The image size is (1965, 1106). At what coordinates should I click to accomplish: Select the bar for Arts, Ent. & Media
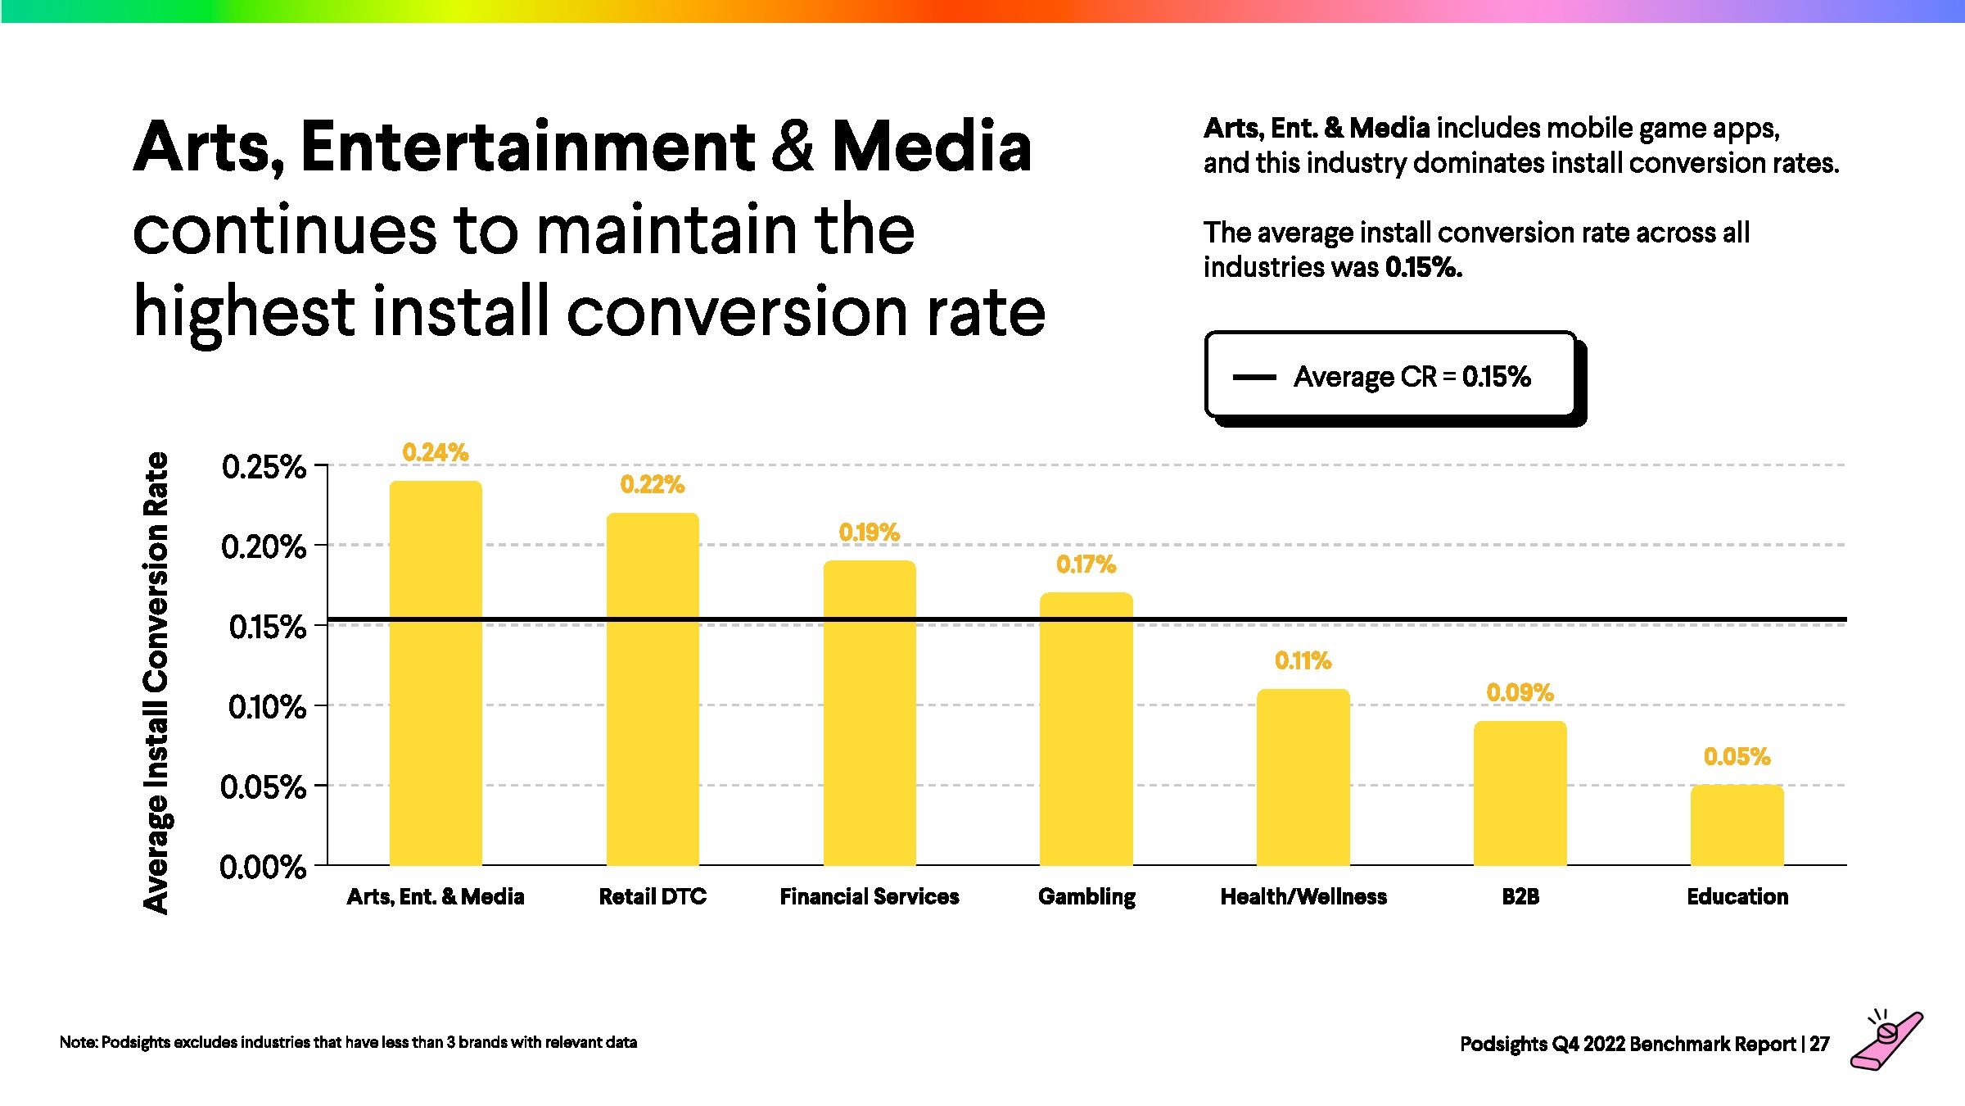436,672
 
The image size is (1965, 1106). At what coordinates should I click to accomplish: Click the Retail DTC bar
653,688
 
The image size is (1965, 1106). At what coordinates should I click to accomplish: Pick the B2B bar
1520,792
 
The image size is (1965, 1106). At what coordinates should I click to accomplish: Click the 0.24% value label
436,452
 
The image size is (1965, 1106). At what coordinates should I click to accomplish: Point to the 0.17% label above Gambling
1086,564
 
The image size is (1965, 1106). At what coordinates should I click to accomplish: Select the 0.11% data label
1303,660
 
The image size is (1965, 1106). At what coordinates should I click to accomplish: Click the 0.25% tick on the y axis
264,467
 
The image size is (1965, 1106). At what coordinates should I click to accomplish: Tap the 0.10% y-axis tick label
267,707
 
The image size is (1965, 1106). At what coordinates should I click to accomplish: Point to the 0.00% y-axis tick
263,867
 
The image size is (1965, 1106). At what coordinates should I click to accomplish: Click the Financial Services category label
869,896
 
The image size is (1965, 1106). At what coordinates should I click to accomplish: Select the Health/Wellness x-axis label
1303,896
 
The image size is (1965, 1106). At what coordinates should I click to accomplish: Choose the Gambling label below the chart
1086,896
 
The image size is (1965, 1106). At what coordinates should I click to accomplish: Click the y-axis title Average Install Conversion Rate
156,682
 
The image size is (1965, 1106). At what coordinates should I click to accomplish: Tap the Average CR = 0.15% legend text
1412,377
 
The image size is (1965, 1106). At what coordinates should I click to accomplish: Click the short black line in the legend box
1254,378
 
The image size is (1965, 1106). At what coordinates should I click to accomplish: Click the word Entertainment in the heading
528,147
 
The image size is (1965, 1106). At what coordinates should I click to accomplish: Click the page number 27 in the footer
1819,1044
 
